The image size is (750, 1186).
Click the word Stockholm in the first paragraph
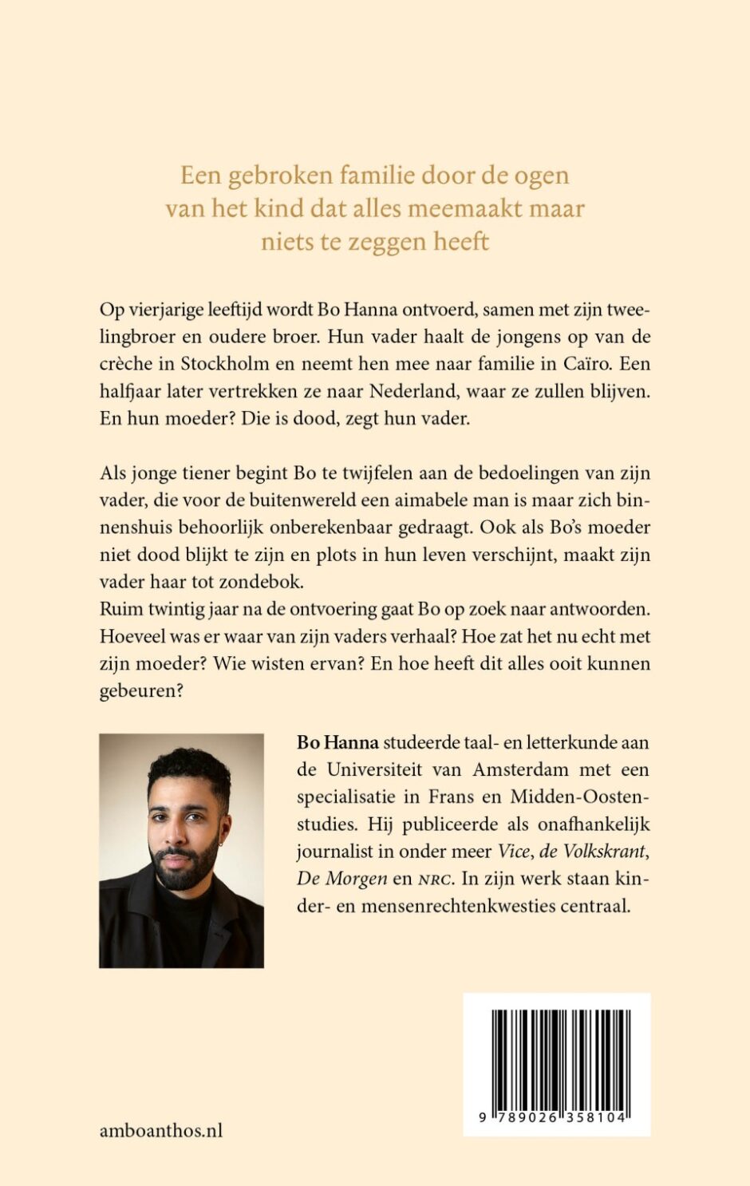219,364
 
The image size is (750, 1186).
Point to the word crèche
125,364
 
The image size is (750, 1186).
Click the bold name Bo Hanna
337,743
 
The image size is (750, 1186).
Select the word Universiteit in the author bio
375,770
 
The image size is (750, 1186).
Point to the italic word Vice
514,852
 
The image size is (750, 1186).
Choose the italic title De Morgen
341,879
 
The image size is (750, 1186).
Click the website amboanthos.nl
161,1130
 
